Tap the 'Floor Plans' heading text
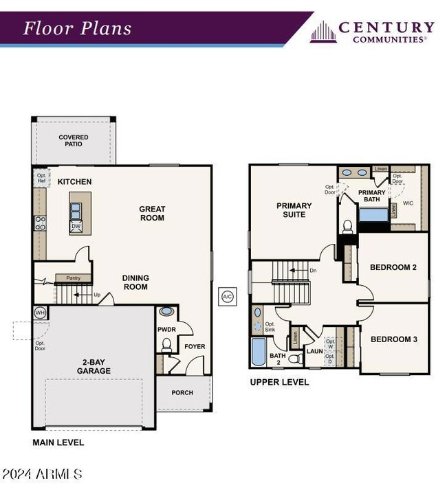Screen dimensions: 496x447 click(77, 29)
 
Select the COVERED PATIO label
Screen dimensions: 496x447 click(74, 141)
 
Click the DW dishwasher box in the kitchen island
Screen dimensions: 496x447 click(77, 226)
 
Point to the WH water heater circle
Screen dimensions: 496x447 click(40, 313)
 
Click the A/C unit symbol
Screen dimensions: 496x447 click(228, 297)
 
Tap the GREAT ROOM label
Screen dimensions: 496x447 click(152, 213)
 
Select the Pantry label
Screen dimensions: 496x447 click(74, 278)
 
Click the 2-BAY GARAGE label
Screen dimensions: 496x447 click(94, 366)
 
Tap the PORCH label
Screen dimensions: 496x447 click(182, 393)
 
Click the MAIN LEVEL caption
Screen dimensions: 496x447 click(58, 442)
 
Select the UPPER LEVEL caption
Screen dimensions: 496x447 click(279, 382)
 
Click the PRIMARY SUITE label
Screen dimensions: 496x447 click(294, 210)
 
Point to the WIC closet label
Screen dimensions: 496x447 click(408, 203)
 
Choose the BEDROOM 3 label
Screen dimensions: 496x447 click(393, 339)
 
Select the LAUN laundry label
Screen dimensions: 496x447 click(315, 351)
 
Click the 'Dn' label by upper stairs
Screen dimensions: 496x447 click(313, 271)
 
